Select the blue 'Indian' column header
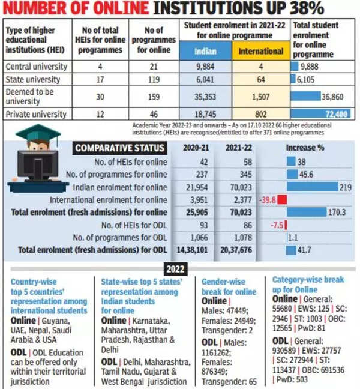206,51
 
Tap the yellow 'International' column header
261,51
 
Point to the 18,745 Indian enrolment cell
206,113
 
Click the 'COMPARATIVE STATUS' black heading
119,148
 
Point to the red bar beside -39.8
281,200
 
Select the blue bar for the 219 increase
312,187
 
